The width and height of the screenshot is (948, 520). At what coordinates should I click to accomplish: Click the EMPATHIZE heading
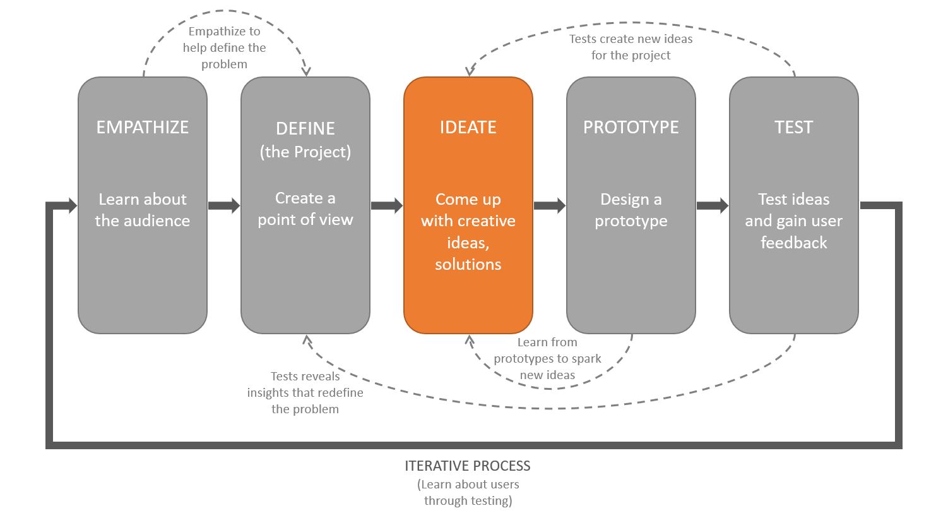142,127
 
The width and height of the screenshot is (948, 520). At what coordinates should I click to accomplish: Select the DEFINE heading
305,128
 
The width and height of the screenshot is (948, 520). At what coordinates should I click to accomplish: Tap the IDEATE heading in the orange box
468,127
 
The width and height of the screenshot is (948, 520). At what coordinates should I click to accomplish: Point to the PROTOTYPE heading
631,127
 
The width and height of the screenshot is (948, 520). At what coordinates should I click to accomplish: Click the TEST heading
793,127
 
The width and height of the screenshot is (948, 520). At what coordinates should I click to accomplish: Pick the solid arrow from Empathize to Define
224,205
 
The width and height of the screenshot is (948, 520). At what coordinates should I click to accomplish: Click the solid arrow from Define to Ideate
387,205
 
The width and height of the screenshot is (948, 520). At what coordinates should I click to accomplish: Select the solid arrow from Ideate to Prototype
550,205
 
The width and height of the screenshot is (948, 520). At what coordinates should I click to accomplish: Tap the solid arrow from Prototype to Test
713,205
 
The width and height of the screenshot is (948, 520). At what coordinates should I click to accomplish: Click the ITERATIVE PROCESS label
468,466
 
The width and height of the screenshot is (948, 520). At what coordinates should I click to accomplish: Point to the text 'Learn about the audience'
143,210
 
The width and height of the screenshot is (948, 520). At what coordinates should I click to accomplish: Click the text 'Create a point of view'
305,209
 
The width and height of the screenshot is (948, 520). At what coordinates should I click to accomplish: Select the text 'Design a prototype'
631,210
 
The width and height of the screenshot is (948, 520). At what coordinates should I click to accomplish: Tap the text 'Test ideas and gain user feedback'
793,221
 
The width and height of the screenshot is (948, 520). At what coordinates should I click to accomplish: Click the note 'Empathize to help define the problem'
225,47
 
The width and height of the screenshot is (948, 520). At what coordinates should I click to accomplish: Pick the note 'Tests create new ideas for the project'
631,47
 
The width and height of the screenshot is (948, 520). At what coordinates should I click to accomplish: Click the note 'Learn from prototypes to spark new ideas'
547,358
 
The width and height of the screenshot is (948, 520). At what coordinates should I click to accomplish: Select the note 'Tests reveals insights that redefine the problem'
305,392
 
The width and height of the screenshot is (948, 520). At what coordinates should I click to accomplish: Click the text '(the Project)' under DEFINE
305,152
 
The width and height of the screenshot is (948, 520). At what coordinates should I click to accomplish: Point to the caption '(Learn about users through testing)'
468,493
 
